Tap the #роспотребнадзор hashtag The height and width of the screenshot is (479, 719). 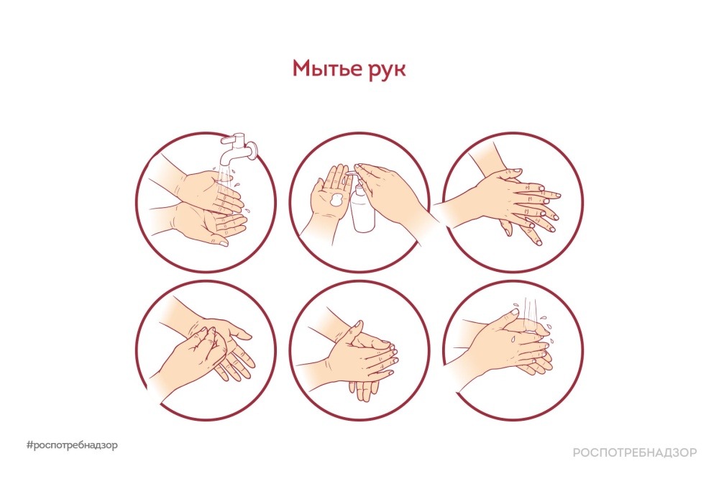[x=72, y=445]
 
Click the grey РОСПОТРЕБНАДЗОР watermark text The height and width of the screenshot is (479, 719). [x=635, y=452]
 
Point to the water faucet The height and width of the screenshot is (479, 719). [x=237, y=149]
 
